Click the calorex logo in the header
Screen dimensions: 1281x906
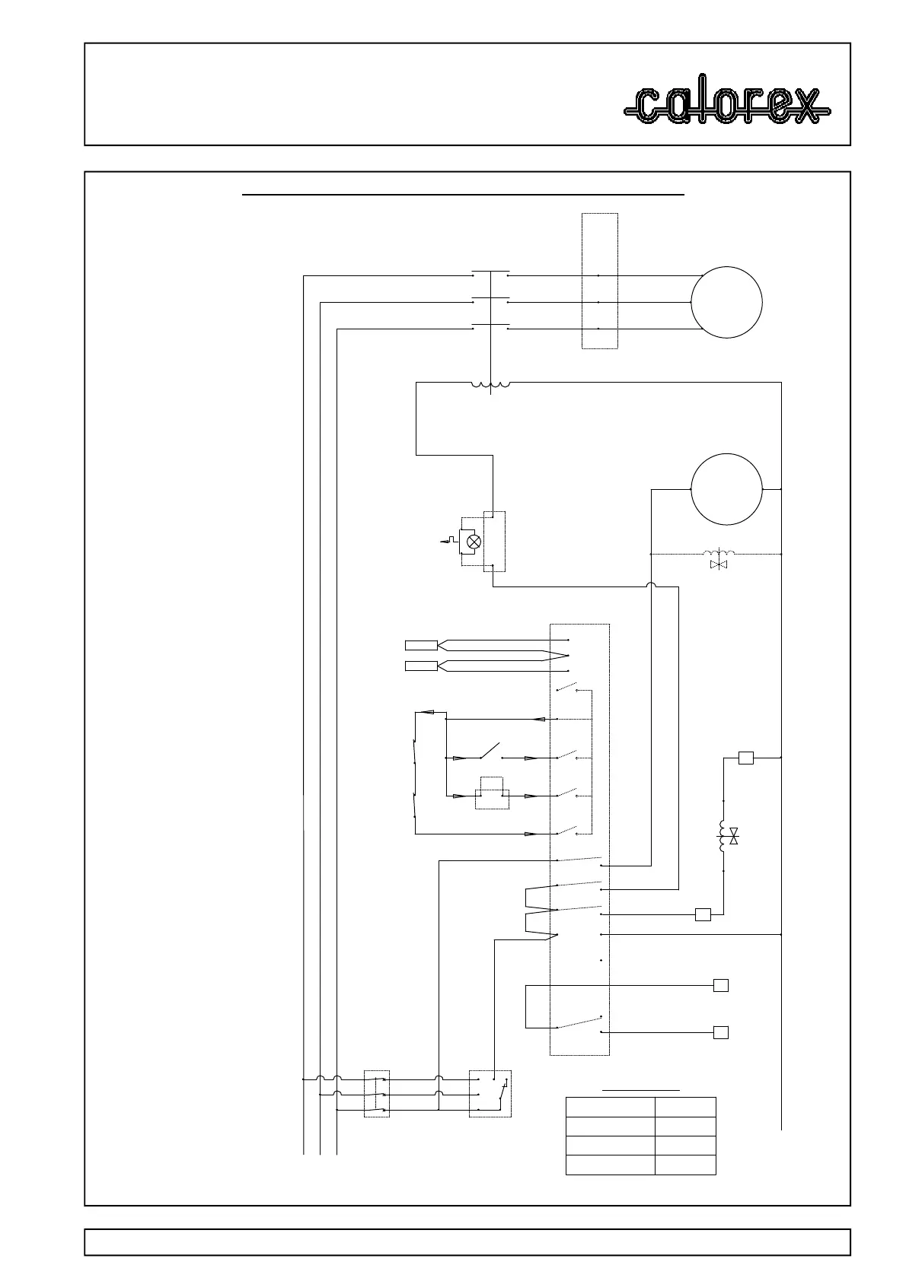(727, 106)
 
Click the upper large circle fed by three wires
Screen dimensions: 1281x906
(726, 302)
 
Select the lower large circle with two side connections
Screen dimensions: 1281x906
(726, 489)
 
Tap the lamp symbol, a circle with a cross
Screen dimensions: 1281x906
(474, 542)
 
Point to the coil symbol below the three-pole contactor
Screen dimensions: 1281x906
(491, 385)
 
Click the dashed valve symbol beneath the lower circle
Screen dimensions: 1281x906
(716, 559)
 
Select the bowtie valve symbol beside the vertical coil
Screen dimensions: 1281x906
(734, 838)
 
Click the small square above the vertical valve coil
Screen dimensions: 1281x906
(746, 758)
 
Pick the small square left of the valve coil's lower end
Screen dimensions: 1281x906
(703, 914)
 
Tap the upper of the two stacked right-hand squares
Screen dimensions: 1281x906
(720, 986)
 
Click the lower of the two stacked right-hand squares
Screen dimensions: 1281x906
(720, 1032)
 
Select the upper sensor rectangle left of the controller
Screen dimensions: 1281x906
(421, 646)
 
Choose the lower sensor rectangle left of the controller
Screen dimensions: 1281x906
(421, 666)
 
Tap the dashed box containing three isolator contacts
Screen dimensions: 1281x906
(377, 1094)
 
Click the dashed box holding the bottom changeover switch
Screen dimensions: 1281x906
(490, 1094)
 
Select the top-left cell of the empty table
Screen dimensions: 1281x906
(611, 1107)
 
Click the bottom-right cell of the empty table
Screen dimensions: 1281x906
(685, 1165)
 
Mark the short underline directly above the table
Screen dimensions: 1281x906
(641, 1091)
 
